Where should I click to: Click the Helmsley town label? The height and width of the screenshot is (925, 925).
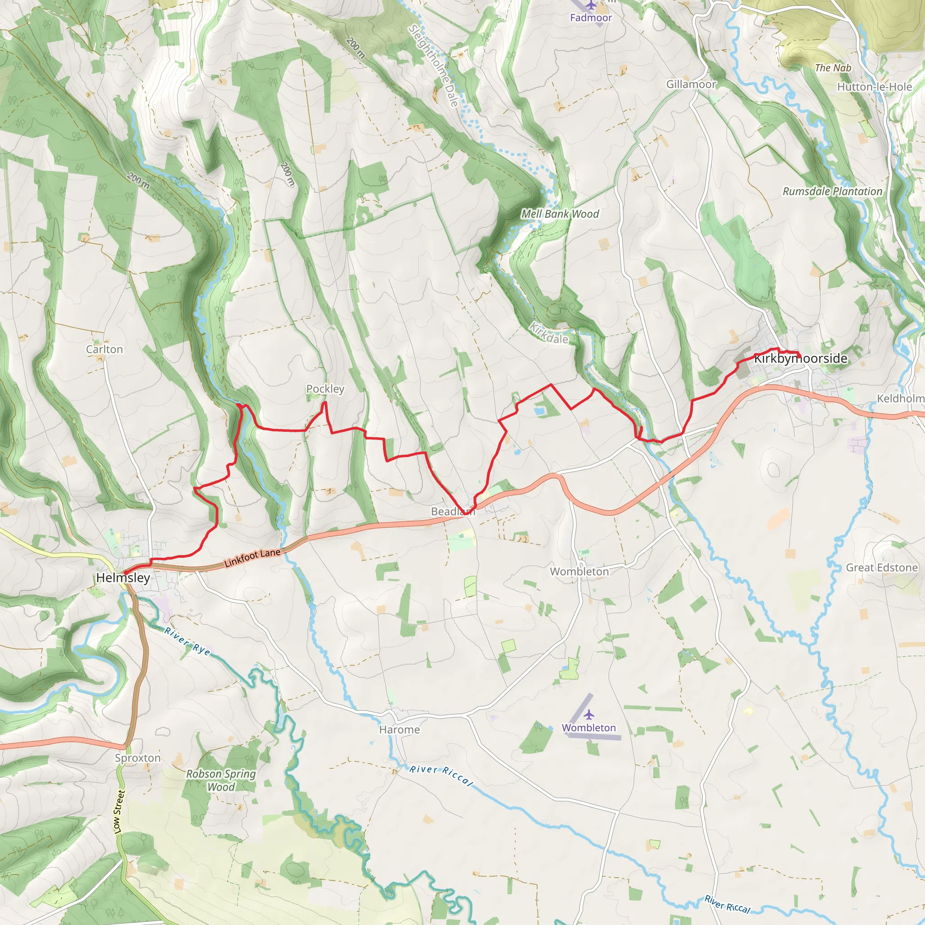(123, 578)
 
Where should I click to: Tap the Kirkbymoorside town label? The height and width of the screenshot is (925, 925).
(800, 359)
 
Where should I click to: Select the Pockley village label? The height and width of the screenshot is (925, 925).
(325, 389)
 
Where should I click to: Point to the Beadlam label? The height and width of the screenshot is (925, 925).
(453, 511)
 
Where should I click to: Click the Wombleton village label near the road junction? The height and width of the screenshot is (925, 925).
(579, 572)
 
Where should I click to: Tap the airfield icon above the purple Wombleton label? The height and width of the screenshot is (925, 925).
(589, 715)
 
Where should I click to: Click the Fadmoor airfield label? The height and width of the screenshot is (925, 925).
(591, 18)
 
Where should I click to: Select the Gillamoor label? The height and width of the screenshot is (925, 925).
(691, 84)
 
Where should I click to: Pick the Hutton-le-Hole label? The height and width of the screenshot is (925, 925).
(874, 87)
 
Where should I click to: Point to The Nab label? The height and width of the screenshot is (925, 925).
(833, 68)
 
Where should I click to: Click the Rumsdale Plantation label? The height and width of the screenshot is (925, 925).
(832, 192)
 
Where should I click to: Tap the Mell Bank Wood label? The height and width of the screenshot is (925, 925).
(560, 214)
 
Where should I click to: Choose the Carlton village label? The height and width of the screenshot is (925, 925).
(104, 350)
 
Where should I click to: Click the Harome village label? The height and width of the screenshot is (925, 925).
(399, 730)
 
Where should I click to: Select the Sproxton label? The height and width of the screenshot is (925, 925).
(137, 758)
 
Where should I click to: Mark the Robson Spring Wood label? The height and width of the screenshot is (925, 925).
(221, 780)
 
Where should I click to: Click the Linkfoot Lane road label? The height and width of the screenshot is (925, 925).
(252, 558)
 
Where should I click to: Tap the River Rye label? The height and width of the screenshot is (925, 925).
(187, 641)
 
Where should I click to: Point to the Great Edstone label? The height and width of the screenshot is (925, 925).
(882, 568)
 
